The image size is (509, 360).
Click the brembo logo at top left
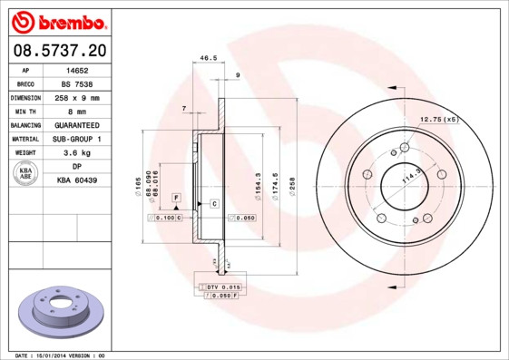pyautogui.click(x=57, y=19)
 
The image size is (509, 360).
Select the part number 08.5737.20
pyautogui.click(x=57, y=49)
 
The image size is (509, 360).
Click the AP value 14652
pyautogui.click(x=77, y=69)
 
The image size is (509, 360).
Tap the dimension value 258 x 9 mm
pyautogui.click(x=77, y=97)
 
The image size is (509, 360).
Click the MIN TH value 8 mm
pyautogui.click(x=77, y=111)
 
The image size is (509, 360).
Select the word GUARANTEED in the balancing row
pyautogui.click(x=77, y=125)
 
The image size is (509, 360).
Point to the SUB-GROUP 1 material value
pyautogui.click(x=77, y=139)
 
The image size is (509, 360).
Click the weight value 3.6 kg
pyautogui.click(x=77, y=153)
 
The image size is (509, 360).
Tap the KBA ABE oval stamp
pyautogui.click(x=27, y=174)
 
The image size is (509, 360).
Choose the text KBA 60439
pyautogui.click(x=77, y=180)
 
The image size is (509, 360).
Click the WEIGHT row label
pyautogui.click(x=26, y=153)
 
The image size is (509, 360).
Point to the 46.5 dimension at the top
pyautogui.click(x=208, y=57)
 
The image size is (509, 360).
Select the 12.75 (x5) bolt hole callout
pyautogui.click(x=439, y=119)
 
